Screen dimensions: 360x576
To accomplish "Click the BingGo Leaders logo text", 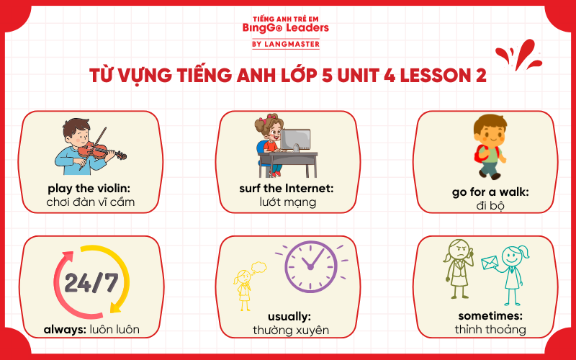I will click(288, 28).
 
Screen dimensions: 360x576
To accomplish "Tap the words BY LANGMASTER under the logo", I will click(288, 44).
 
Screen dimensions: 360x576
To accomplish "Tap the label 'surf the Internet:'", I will click(288, 188).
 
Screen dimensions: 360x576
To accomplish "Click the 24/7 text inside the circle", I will click(91, 282).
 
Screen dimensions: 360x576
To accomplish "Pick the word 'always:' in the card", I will click(66, 330).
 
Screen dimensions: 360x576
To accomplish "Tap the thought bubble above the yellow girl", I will click(258, 268).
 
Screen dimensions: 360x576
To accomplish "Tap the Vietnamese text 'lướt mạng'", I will click(288, 202).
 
